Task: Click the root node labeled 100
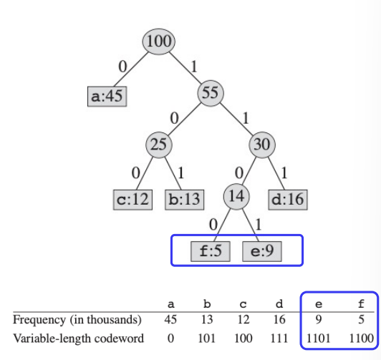tap(159, 42)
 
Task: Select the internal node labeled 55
tap(211, 93)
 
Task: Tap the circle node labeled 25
tap(159, 145)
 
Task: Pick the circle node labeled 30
tap(262, 145)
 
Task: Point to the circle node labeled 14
tap(236, 197)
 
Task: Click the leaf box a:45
tap(107, 97)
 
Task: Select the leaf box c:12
tap(132, 200)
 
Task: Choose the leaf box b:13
tap(185, 200)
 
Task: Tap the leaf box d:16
tap(288, 200)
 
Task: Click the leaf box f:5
tap(211, 251)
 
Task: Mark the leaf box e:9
tap(262, 251)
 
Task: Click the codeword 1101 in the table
tap(318, 339)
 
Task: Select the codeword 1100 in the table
tap(362, 339)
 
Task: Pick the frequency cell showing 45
tap(170, 319)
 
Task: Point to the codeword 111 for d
tap(279, 339)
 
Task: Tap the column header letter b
tap(207, 304)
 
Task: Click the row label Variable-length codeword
tap(78, 339)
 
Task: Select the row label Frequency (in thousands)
tap(77, 320)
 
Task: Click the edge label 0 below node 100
tap(122, 67)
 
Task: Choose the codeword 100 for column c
tap(243, 339)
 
